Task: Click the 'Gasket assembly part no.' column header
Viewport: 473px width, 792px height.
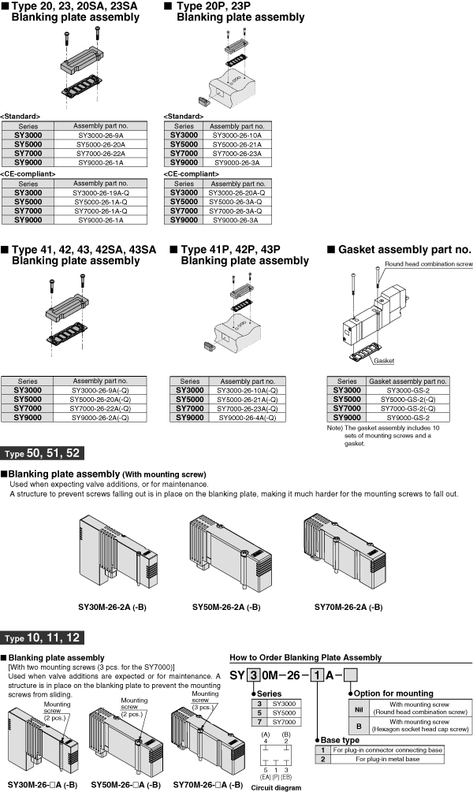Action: coord(408,381)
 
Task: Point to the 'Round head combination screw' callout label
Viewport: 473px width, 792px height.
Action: coord(428,265)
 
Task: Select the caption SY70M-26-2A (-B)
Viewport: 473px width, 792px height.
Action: coord(348,608)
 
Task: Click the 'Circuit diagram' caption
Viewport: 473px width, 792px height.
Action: coord(272,786)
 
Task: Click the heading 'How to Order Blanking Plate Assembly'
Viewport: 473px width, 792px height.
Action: coord(305,657)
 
